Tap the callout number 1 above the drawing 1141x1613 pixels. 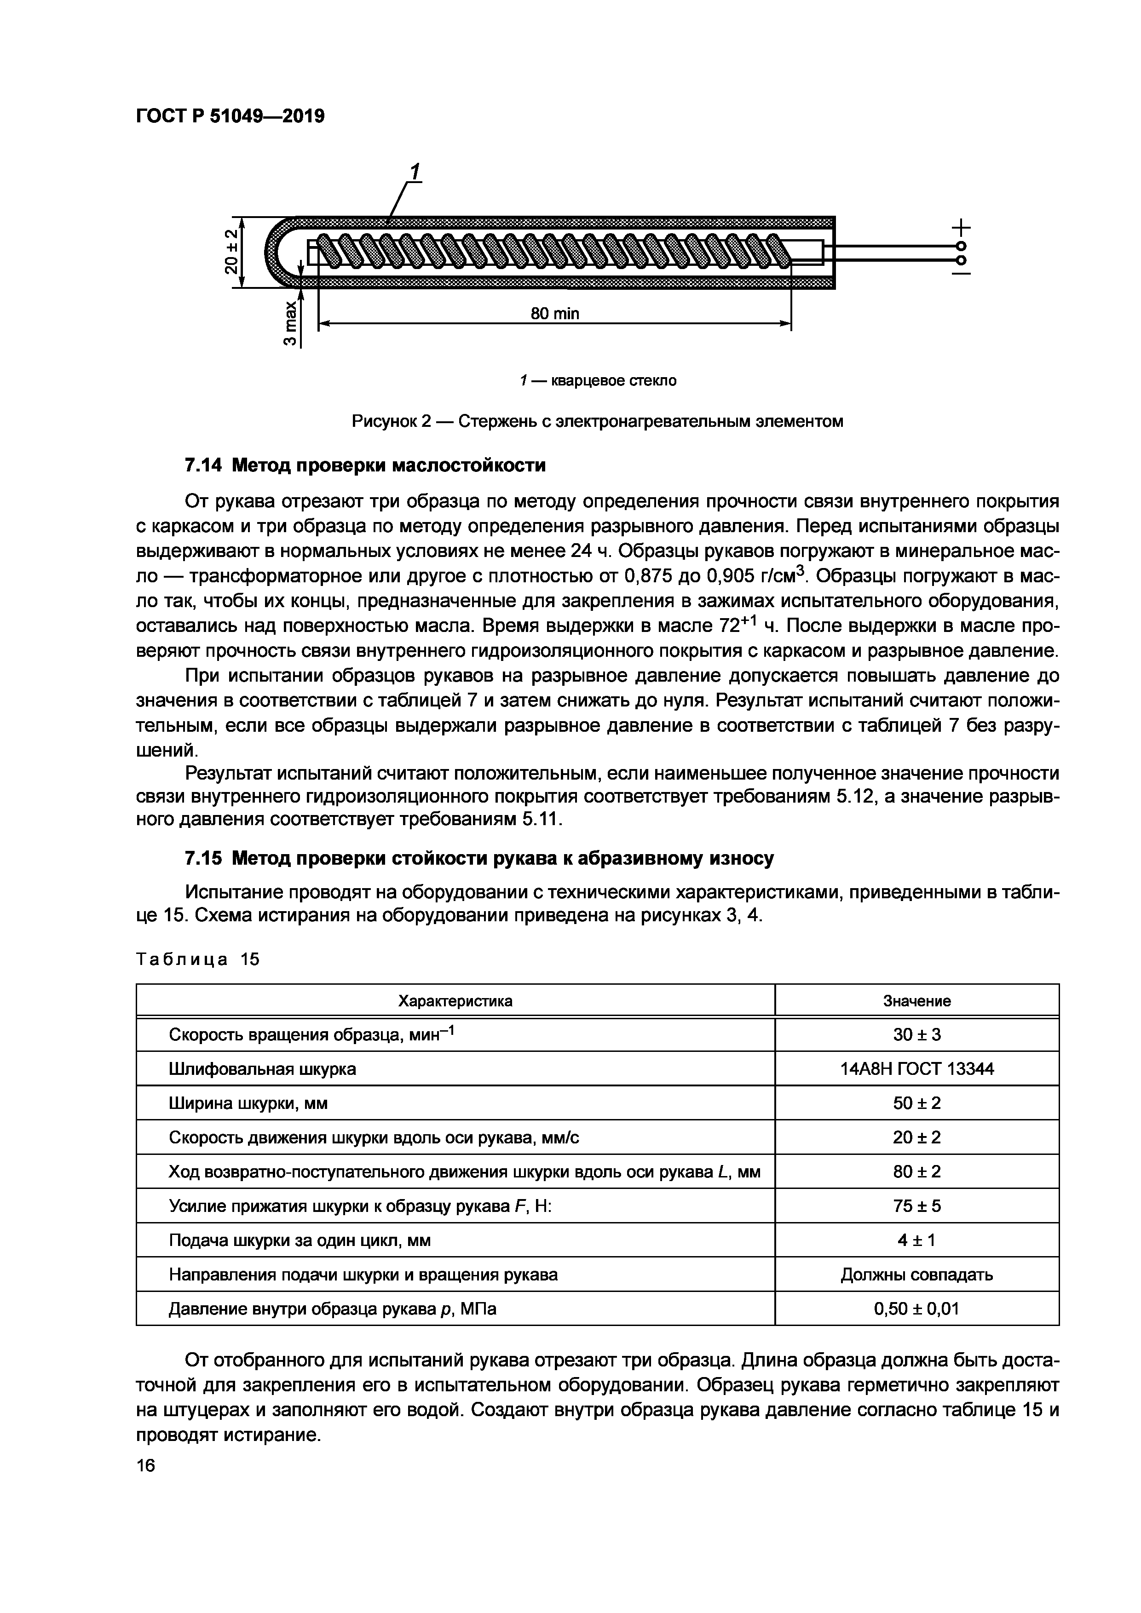415,172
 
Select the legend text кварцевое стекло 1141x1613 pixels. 613,381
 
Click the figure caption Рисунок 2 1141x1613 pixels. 597,421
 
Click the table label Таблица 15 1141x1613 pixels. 197,959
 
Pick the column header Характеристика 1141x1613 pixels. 455,1000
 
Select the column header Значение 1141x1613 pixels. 917,1000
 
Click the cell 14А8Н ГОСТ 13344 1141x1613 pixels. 917,1068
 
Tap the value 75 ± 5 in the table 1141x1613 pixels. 917,1205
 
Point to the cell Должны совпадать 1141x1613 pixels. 917,1274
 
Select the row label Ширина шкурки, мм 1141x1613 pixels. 248,1103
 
